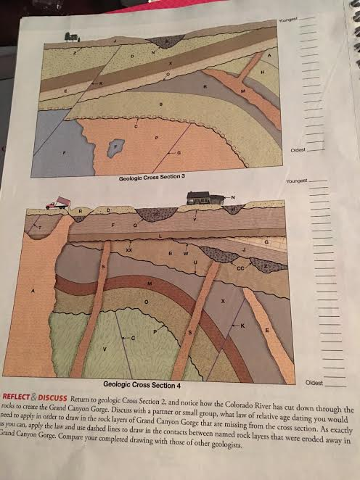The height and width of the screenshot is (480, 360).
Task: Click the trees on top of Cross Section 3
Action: pos(72,36)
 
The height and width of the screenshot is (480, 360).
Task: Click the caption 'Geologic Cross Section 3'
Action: pos(152,177)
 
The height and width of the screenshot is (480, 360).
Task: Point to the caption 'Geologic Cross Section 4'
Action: pos(142,383)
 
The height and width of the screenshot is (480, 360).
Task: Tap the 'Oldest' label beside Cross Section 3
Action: pos(298,150)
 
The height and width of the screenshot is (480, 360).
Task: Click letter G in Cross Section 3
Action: pos(179,152)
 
